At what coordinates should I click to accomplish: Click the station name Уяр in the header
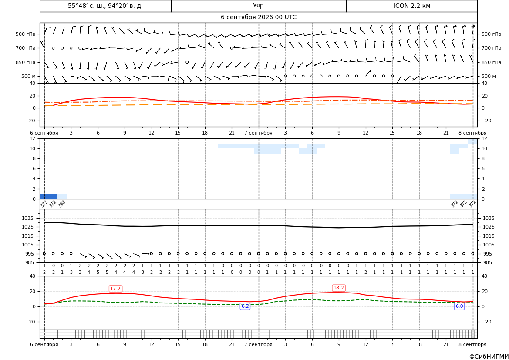258,6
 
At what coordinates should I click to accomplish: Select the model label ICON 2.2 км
411,6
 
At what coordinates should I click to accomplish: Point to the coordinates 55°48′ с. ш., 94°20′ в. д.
105,6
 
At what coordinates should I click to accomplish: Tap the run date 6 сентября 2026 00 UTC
258,17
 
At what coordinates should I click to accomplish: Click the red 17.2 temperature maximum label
115,289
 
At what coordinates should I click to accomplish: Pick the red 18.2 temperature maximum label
339,288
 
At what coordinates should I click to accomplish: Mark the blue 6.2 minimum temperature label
245,306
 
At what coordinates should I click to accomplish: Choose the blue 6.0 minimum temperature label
459,306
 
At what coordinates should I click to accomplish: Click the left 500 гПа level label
26,34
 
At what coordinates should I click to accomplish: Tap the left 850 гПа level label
26,62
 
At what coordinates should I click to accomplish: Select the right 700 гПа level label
492,48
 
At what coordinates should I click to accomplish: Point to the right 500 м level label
489,76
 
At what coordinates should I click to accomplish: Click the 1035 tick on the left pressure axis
30,218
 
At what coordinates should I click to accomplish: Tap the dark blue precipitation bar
49,196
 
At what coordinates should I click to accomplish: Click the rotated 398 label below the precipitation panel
62,204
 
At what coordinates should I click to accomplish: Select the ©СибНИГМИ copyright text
489,357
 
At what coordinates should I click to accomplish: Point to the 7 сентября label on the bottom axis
258,344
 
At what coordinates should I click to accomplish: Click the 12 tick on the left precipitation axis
33,138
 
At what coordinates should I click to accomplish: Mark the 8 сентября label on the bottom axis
473,344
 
